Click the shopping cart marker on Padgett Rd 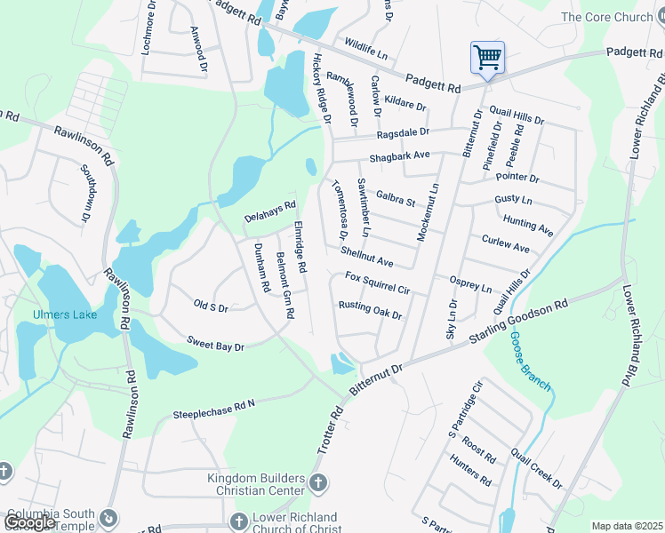pos(487,59)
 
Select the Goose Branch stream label pos(531,361)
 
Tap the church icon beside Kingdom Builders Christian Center pos(319,482)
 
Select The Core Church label pos(607,17)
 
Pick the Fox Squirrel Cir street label pos(377,283)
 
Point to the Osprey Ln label pos(470,283)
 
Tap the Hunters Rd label pos(470,469)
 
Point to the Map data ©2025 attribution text pos(626,526)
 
